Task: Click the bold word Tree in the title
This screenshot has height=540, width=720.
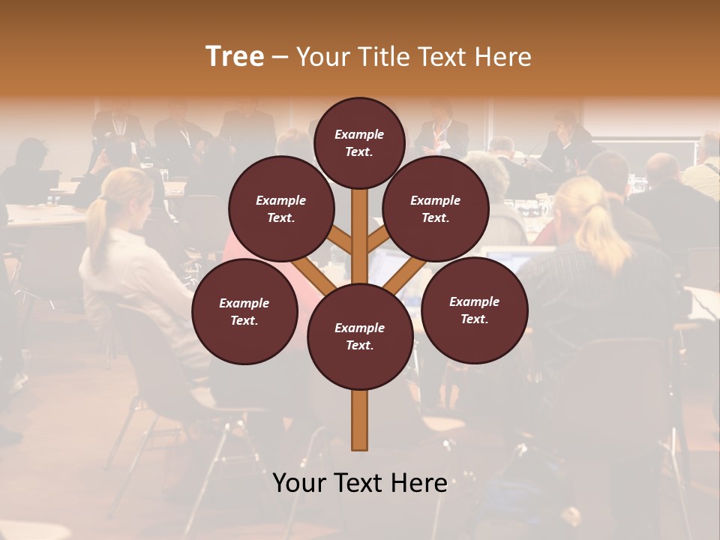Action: click(235, 57)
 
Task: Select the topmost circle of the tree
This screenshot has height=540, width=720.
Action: click(359, 142)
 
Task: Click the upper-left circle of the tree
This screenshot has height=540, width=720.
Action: click(281, 208)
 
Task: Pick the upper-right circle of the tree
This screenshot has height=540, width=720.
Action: click(436, 208)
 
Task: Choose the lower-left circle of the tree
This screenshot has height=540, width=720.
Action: click(244, 311)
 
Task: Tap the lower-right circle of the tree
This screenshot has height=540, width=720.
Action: click(475, 310)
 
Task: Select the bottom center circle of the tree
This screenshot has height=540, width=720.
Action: click(360, 336)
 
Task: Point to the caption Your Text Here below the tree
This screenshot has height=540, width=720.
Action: click(360, 483)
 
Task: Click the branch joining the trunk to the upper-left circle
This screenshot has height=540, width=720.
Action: click(339, 240)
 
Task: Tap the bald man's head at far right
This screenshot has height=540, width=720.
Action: click(662, 168)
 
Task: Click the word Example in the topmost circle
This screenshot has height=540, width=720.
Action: click(359, 134)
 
